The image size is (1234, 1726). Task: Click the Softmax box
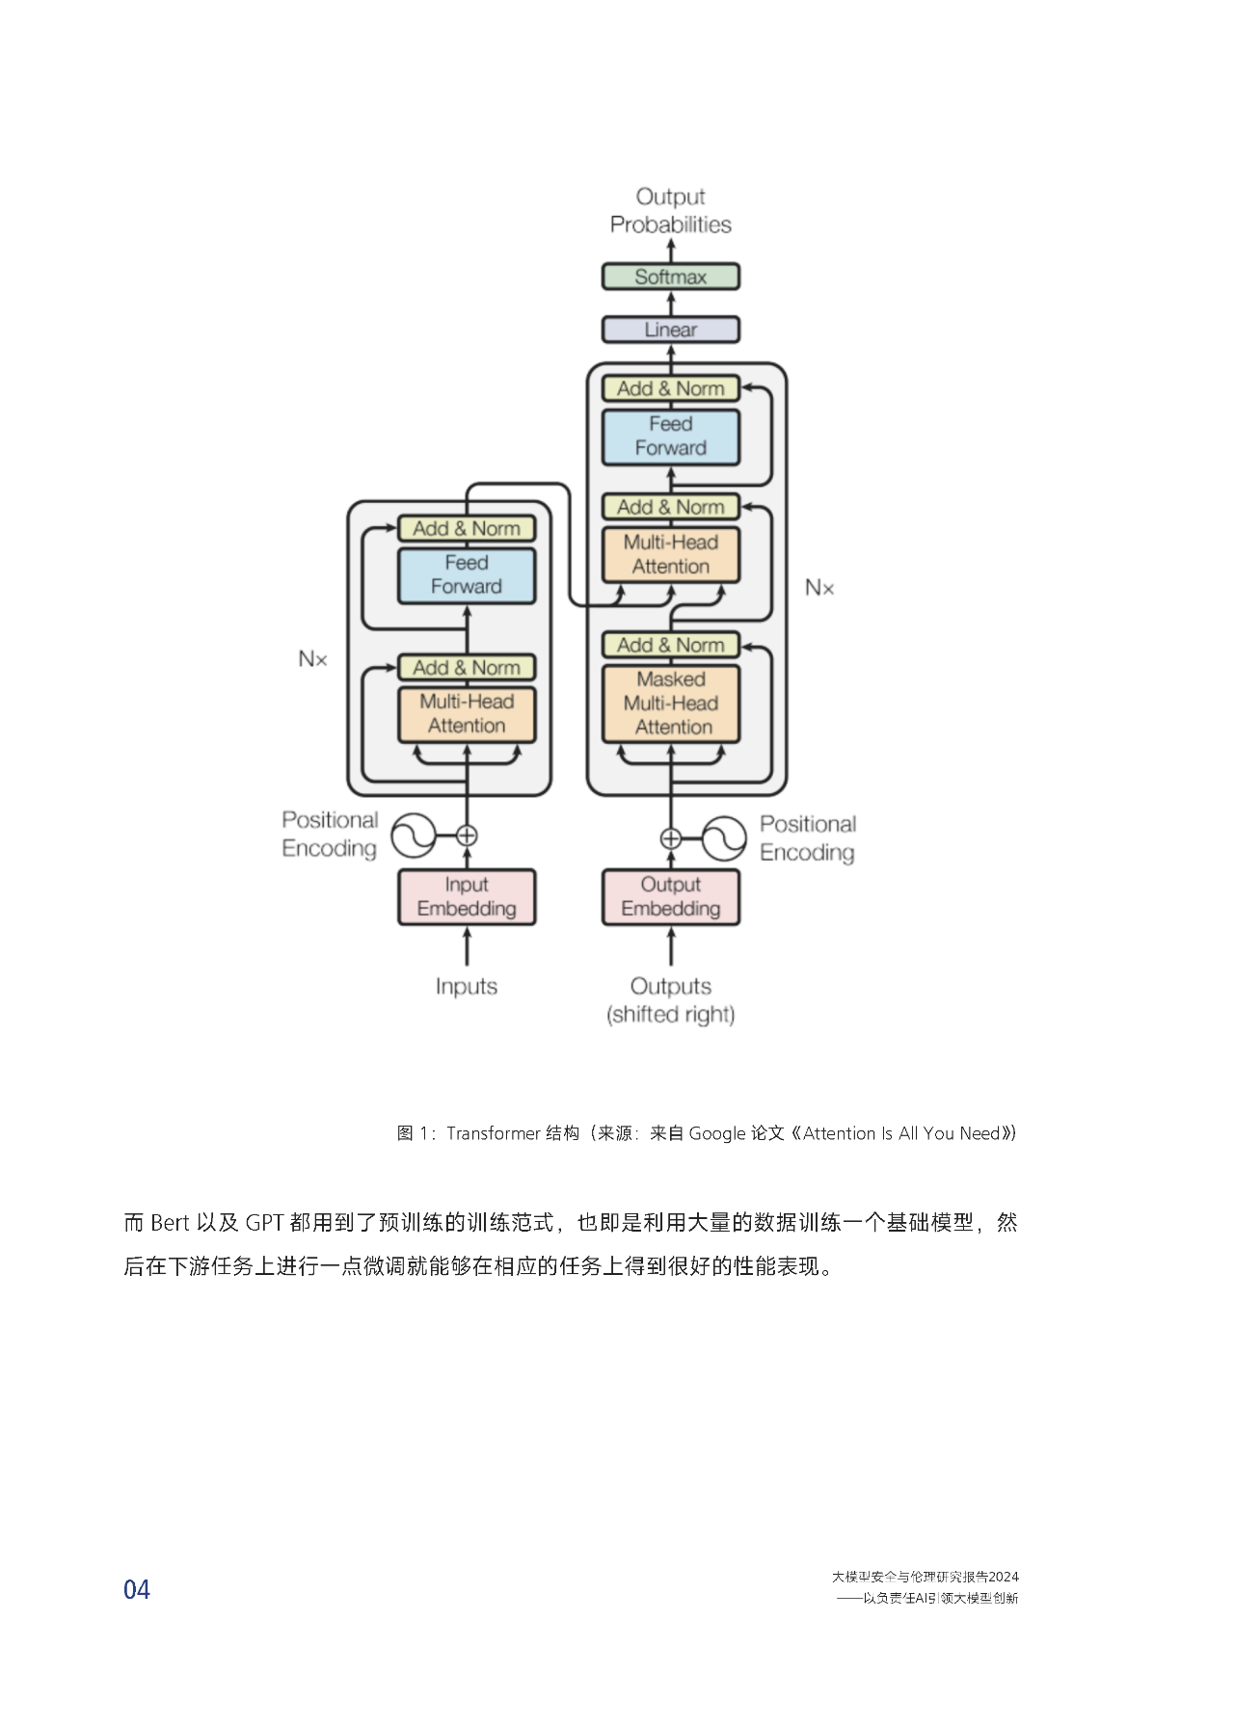coord(671,277)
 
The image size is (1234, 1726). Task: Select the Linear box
coord(671,330)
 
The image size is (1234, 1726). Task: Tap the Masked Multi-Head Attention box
coord(671,704)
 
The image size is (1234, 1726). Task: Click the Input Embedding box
coord(467,897)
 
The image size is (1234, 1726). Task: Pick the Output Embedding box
coord(671,897)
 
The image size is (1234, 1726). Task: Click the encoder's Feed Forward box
coord(467,575)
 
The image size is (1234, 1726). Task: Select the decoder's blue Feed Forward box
coord(671,437)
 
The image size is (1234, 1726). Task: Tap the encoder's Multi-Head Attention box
coord(467,714)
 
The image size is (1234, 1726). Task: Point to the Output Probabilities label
coord(671,210)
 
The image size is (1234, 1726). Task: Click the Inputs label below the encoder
coord(467,987)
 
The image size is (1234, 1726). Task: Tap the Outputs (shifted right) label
coord(671,1000)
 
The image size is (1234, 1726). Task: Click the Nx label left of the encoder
coord(312,659)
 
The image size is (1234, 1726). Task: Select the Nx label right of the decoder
coord(819,588)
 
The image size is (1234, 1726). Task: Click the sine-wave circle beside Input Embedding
coord(414,836)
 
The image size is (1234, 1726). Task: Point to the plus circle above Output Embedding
coord(671,838)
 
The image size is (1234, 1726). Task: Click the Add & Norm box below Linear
coord(671,388)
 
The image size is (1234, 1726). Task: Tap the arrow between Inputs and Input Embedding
coord(467,946)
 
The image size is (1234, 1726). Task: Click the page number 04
coord(137,1590)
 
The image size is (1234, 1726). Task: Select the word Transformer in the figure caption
coord(494,1133)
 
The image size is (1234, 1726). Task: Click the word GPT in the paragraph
coord(264,1223)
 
